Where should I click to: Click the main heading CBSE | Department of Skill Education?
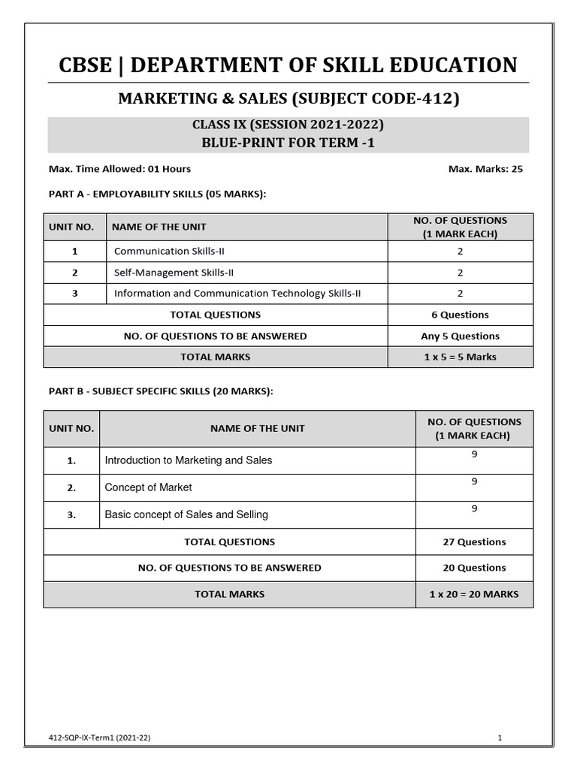tap(288, 65)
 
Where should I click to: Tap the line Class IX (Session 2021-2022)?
tap(288, 125)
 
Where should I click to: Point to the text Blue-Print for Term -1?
tap(288, 142)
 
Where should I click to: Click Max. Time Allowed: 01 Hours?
tap(119, 169)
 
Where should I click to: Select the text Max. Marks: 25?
tap(485, 169)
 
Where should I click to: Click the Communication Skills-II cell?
tap(162, 251)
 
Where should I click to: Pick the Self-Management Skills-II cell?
tap(168, 273)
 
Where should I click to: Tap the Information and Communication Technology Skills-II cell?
tap(237, 294)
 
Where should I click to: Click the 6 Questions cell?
tap(460, 315)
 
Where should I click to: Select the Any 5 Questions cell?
tap(460, 336)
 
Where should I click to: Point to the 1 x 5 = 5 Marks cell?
tap(460, 357)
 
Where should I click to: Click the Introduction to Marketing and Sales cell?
tap(189, 460)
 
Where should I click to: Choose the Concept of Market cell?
tap(149, 487)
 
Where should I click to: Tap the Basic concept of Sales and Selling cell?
tap(186, 514)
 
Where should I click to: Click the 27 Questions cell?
tap(474, 541)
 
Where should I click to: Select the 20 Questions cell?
tap(474, 568)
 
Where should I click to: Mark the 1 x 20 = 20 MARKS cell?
tap(474, 594)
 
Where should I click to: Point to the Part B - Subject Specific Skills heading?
tap(161, 391)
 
